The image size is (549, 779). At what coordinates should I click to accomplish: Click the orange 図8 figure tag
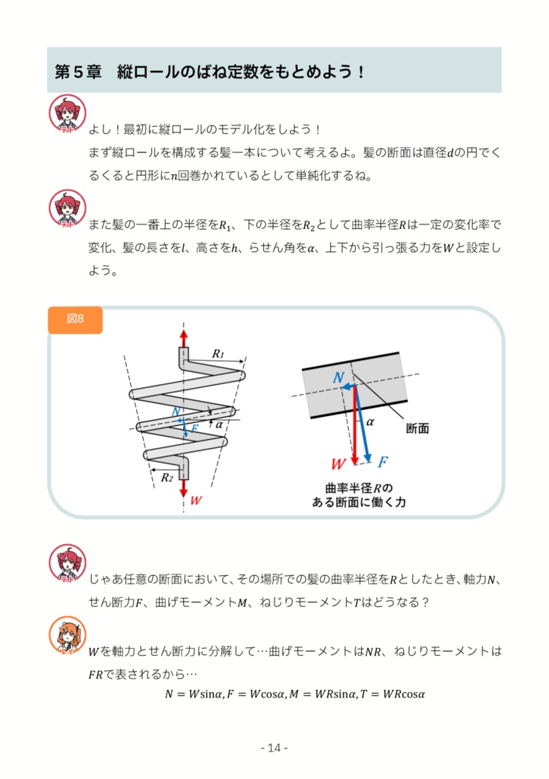coord(75,320)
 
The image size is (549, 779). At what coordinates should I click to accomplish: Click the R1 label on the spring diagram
coord(218,353)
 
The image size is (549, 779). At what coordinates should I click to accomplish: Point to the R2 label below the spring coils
coord(167,477)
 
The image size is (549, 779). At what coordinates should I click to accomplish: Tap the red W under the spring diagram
coord(196,501)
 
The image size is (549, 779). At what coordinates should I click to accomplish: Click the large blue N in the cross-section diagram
coord(339,377)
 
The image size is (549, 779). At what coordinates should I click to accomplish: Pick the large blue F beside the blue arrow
coord(383,462)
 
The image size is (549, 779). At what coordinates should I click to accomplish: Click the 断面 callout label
coord(417,428)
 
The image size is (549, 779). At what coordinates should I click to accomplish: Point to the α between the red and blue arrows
coord(370,421)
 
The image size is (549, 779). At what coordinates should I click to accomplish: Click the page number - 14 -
coord(274,748)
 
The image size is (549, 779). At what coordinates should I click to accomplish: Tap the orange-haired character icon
coord(68,635)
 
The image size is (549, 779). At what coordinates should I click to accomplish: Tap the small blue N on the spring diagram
coord(176,412)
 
